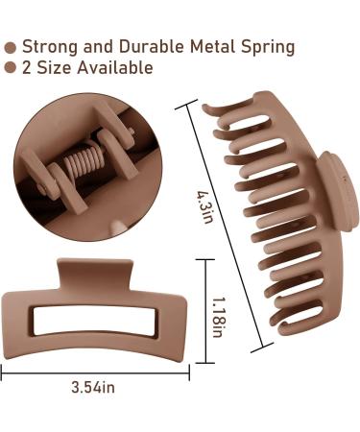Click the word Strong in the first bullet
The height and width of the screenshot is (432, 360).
click(50, 47)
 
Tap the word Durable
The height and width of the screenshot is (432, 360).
click(152, 46)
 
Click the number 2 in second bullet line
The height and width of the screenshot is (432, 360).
click(27, 68)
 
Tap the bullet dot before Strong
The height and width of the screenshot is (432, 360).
click(11, 48)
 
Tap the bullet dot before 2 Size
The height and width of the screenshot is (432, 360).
click(11, 67)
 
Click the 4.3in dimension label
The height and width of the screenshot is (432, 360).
click(204, 207)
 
